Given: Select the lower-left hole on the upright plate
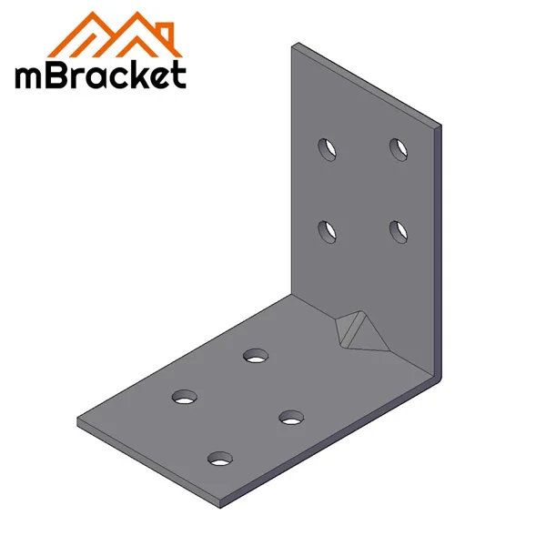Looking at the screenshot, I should [326, 231].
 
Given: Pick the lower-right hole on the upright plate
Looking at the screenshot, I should [398, 231].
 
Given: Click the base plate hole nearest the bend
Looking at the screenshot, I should [256, 354].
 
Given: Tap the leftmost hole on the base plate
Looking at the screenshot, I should [185, 397].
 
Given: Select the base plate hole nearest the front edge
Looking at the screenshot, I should [219, 459].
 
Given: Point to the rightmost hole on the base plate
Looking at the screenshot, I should [291, 417].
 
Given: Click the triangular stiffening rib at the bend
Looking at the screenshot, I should [357, 330].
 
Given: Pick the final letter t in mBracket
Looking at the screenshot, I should [178, 75].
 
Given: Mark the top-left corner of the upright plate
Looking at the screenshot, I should [293, 45].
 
